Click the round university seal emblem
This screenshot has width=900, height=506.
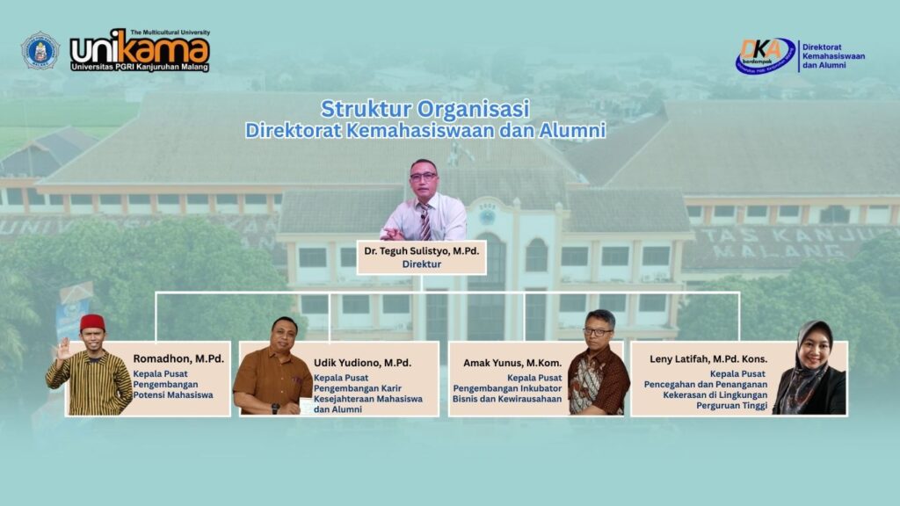(40, 51)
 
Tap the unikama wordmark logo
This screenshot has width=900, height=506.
(140, 50)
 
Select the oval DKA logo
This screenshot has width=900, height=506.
(766, 55)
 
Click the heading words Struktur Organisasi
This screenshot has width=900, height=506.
(425, 108)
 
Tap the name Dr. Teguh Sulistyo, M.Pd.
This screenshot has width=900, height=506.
(421, 250)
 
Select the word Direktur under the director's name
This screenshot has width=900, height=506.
(421, 264)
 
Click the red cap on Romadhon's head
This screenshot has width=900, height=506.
(91, 322)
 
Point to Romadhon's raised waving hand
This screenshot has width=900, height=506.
(62, 348)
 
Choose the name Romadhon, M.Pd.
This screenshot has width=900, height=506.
(178, 358)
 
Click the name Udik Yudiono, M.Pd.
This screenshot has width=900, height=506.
(362, 363)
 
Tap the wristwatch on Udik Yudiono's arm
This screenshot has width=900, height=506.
(275, 408)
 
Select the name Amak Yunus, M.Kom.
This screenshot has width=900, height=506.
(512, 363)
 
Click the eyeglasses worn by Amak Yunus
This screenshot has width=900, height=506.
(597, 331)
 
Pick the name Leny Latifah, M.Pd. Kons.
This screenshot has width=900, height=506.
(708, 359)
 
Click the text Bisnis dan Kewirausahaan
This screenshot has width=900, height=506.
(507, 399)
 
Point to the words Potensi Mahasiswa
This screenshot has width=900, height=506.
(173, 394)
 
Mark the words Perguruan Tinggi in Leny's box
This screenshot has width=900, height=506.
(732, 406)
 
